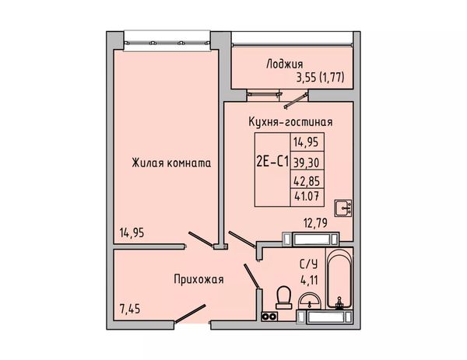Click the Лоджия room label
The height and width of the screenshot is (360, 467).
click(x=284, y=65)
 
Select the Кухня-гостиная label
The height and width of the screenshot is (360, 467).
click(x=290, y=122)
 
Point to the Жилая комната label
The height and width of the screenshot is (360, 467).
click(x=171, y=163)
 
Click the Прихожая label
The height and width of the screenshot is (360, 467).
click(x=198, y=280)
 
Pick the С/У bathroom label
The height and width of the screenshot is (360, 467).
click(x=308, y=264)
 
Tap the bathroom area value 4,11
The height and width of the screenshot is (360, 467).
click(x=309, y=280)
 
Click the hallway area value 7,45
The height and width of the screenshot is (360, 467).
click(x=129, y=309)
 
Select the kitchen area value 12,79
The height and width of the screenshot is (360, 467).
click(x=315, y=222)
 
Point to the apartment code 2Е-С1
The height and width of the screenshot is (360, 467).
click(x=272, y=163)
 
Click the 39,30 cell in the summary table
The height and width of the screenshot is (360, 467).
click(x=306, y=163)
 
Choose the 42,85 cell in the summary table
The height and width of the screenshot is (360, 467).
click(x=307, y=181)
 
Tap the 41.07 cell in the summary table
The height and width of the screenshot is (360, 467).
click(x=307, y=196)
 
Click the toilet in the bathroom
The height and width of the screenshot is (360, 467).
click(x=283, y=297)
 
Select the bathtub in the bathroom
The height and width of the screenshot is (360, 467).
click(x=339, y=279)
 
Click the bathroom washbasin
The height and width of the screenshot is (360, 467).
click(x=310, y=301)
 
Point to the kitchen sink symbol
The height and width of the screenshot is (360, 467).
click(x=343, y=208)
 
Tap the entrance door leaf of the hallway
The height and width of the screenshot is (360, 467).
click(x=190, y=313)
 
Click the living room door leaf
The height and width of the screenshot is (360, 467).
click(x=201, y=239)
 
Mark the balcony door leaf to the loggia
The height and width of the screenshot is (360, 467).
click(x=296, y=101)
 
